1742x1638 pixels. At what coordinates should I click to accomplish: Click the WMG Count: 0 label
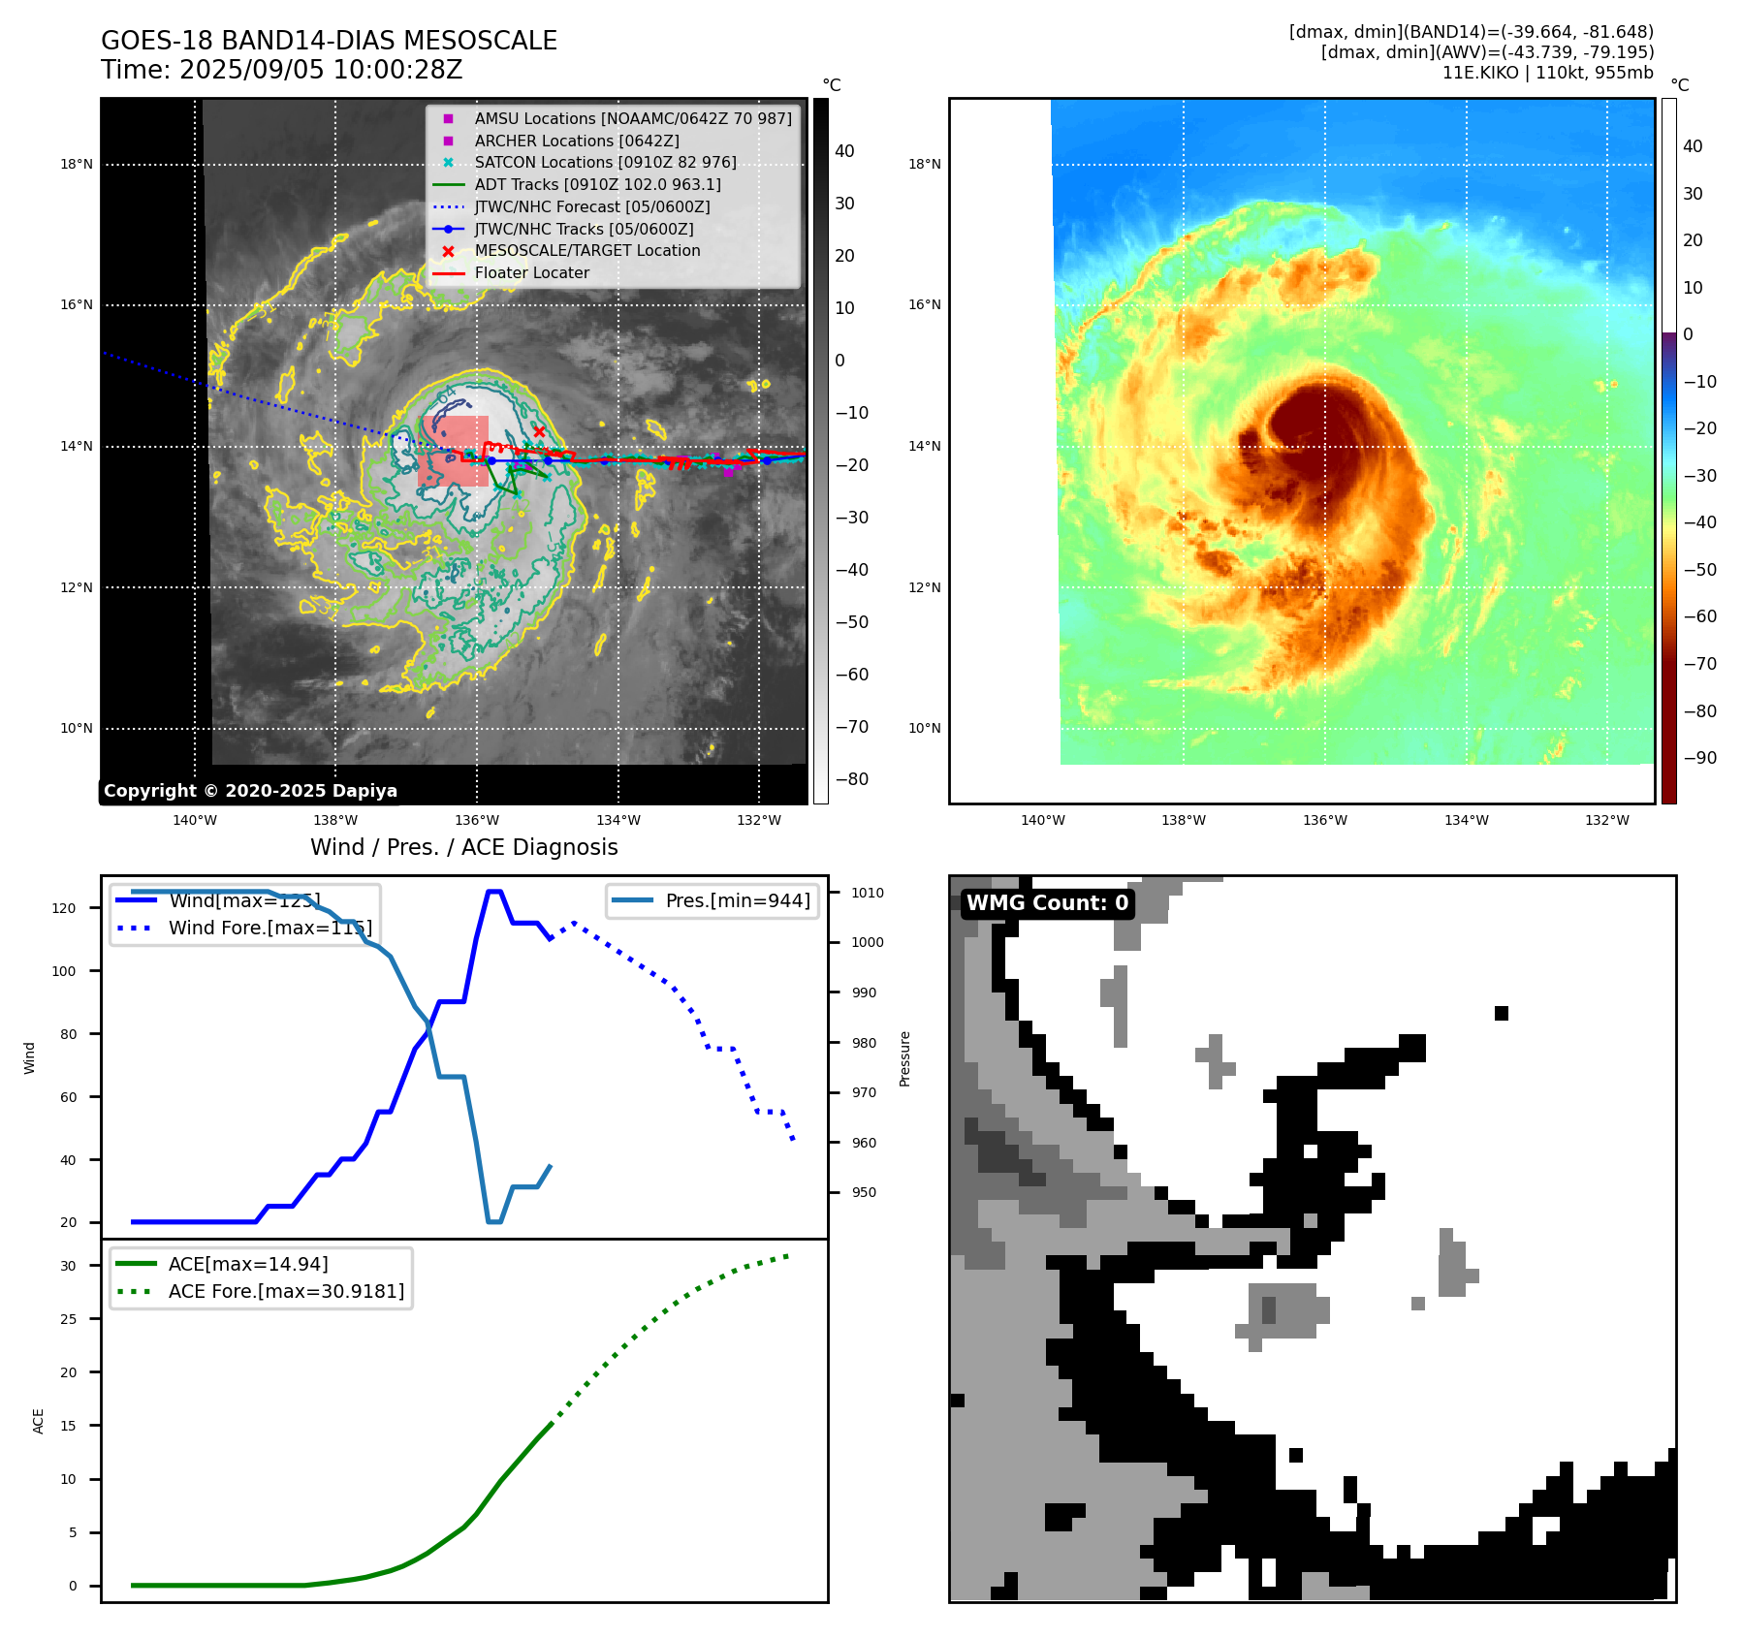[1047, 903]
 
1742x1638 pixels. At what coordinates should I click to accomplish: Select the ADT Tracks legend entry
[597, 184]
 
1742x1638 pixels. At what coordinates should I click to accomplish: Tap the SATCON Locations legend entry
[605, 162]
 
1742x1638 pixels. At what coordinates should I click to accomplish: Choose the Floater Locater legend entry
[531, 272]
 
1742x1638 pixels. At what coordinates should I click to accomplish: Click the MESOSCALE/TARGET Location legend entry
[586, 250]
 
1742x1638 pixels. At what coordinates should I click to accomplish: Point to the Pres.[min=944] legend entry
[737, 900]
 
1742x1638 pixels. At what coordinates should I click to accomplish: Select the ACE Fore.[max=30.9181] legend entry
[286, 1291]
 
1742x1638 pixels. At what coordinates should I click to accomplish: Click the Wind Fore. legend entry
[269, 928]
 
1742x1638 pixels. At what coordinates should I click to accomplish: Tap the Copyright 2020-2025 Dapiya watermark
[250, 791]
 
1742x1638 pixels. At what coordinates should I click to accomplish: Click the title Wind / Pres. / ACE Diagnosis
[463, 847]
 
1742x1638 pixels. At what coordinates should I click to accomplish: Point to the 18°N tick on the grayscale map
[77, 165]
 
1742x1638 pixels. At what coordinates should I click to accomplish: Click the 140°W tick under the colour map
[1042, 820]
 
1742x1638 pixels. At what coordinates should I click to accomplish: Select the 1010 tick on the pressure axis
[868, 893]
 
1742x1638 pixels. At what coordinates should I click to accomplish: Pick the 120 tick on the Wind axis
[64, 908]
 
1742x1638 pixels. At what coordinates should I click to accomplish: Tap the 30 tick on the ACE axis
[68, 1266]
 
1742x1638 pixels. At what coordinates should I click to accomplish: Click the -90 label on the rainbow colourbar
[1699, 758]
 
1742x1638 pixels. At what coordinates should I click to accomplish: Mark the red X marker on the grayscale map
[539, 431]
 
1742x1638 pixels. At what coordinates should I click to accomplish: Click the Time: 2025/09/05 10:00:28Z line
[281, 71]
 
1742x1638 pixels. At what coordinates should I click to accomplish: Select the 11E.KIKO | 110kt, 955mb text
[1547, 73]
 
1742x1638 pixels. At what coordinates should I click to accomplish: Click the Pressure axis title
[904, 1058]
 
